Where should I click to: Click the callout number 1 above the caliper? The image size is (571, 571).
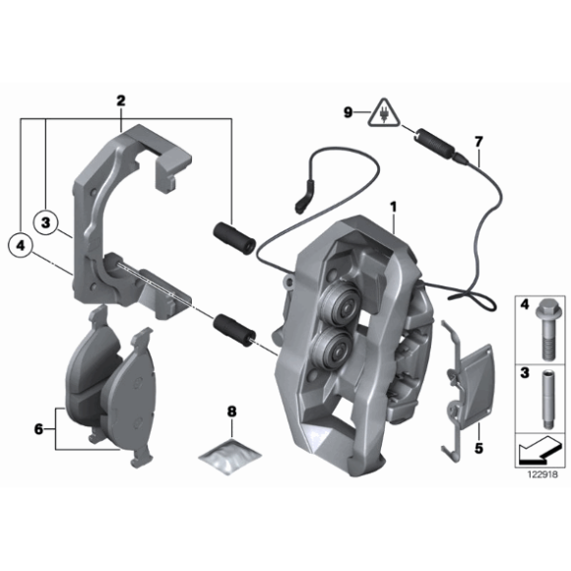coord(392,208)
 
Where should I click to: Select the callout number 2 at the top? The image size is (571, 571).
coord(121,100)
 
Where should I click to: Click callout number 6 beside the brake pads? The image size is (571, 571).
coord(38,429)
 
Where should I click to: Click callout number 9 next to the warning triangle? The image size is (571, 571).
coord(348,113)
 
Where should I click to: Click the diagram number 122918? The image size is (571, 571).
coord(539,475)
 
